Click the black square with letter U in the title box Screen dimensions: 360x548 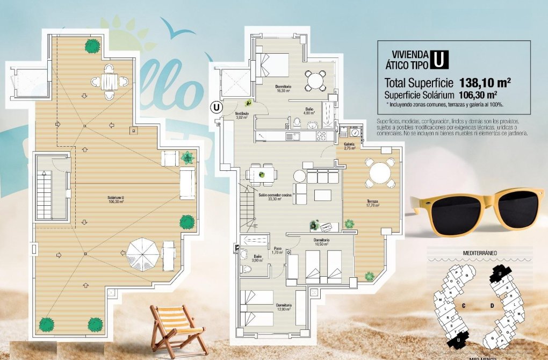pos(439,59)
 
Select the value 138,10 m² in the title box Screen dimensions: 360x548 pos(485,83)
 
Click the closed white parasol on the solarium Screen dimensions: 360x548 pos(143,254)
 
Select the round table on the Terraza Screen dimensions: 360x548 pos(380,173)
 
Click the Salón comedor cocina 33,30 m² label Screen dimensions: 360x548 pos(275,197)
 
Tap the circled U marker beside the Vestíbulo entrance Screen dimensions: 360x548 pos(216,106)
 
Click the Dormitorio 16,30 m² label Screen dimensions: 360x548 pos(283,88)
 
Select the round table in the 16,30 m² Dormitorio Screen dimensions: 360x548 pos(315,81)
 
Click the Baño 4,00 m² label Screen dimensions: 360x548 pos(308,111)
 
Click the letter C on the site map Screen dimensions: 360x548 pos(463,305)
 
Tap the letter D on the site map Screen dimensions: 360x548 pos(491,306)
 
